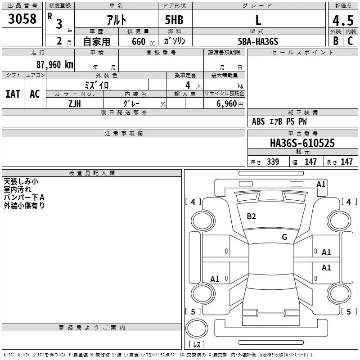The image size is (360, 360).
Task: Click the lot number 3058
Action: [22, 19]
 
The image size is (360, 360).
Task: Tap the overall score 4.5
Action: [343, 21]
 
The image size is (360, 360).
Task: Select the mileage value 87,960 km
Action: [55, 65]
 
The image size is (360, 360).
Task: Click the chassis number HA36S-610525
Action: [302, 143]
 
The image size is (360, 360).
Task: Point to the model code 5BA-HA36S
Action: [258, 41]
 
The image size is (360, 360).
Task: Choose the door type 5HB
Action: [174, 20]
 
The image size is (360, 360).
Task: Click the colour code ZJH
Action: [75, 104]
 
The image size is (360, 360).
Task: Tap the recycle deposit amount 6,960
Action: [226, 104]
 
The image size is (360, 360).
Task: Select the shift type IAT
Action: [13, 94]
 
